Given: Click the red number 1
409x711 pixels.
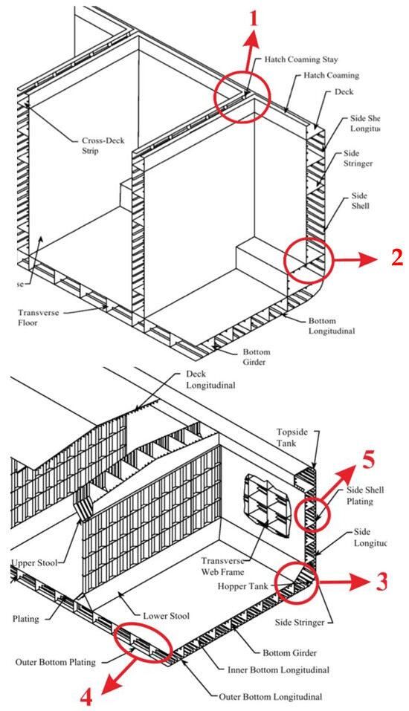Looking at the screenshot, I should click(x=254, y=16).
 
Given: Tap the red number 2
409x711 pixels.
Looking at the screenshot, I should click(x=396, y=257).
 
